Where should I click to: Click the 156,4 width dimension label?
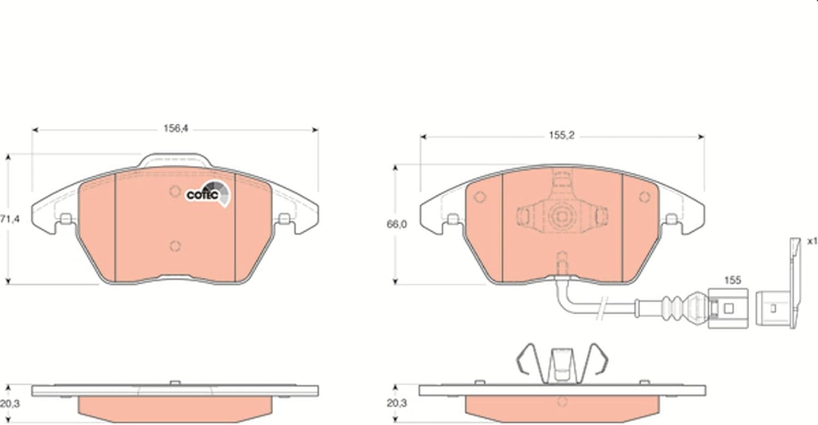pos(176,128)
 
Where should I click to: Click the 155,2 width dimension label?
pos(562,136)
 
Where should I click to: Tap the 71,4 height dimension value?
pos(10,219)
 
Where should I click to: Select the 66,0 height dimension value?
pos(396,224)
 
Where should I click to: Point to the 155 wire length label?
pos(732,280)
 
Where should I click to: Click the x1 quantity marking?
pos(812,241)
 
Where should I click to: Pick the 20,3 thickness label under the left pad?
pos(10,404)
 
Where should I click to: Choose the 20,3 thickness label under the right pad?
pos(397,403)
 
